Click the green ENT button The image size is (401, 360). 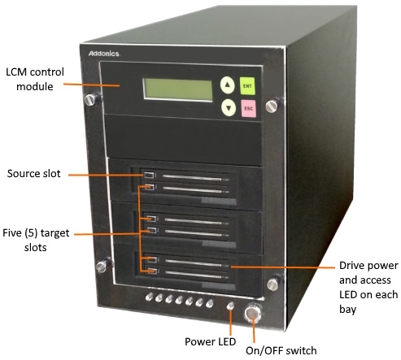click(247, 86)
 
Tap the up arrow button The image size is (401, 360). click(228, 85)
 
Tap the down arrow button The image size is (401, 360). click(229, 108)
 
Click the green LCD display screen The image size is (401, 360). click(178, 89)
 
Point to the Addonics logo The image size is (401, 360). click(104, 54)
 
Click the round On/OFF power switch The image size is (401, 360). click(253, 314)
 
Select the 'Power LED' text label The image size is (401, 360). click(210, 341)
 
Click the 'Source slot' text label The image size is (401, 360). click(34, 173)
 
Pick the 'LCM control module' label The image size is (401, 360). click(35, 79)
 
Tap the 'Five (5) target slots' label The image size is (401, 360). click(36, 240)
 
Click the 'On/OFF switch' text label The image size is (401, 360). click(281, 350)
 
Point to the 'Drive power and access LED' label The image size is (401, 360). click(368, 287)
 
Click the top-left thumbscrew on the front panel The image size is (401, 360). click(92, 99)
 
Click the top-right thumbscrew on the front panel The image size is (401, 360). click(272, 106)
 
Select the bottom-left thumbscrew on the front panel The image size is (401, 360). click(102, 266)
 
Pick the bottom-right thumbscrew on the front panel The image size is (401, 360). click(273, 284)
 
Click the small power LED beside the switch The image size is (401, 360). click(230, 306)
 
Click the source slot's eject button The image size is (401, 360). click(150, 175)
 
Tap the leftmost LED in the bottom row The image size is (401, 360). click(149, 297)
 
